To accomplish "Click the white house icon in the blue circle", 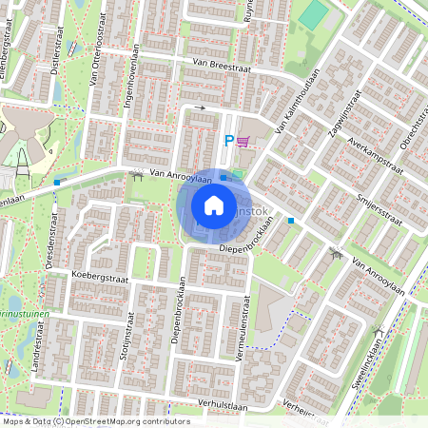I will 214,205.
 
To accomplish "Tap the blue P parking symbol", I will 227,141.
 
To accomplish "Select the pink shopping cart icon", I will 243,141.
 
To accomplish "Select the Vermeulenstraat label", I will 243,328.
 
